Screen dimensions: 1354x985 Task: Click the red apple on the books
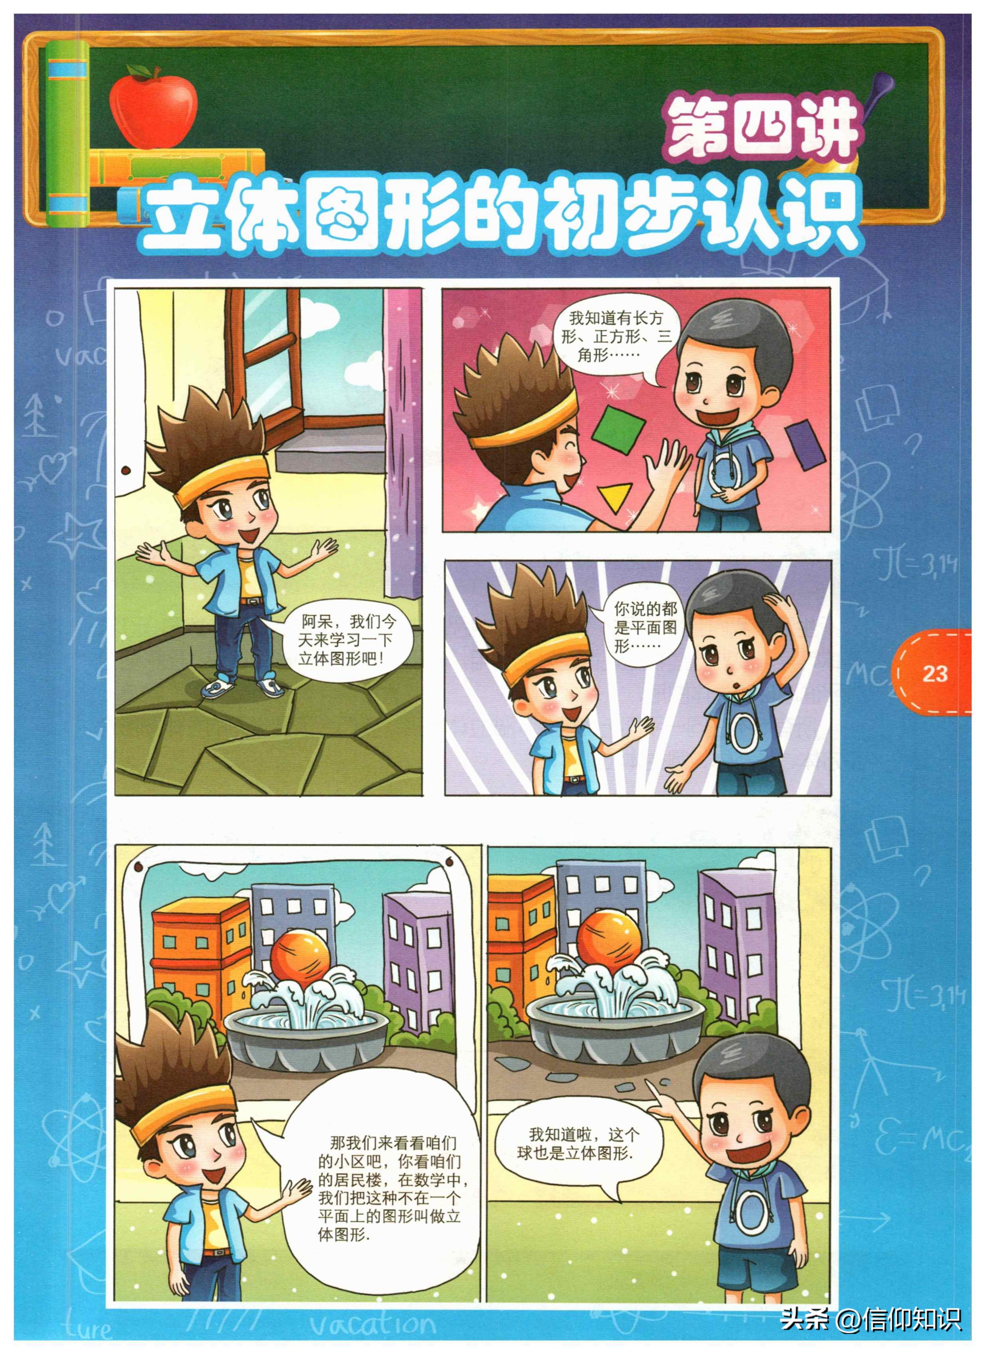[153, 109]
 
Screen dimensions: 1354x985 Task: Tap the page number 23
[934, 673]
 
